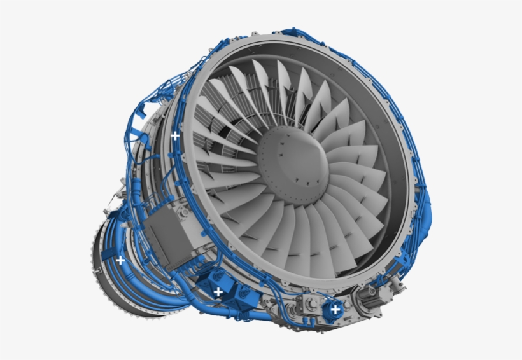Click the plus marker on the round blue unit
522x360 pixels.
pyautogui.click(x=335, y=309)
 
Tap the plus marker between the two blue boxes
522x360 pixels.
pyautogui.click(x=218, y=292)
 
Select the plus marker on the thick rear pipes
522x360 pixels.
pyautogui.click(x=120, y=260)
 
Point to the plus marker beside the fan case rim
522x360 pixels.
pyautogui.click(x=175, y=135)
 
